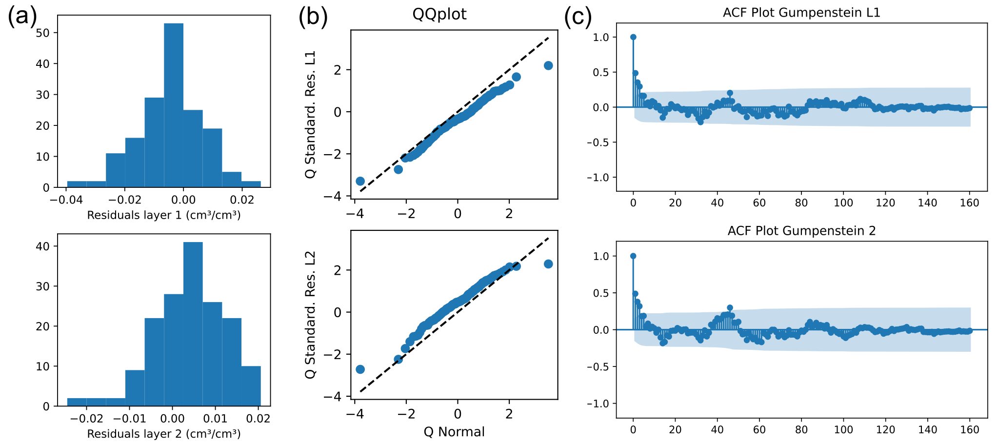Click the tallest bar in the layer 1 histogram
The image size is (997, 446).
[174, 105]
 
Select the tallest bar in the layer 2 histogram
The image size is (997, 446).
[193, 324]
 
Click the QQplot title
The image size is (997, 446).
[439, 14]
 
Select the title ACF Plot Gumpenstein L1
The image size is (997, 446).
[801, 13]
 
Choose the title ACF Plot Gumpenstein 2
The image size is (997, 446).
[801, 231]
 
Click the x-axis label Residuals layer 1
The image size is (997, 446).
[164, 215]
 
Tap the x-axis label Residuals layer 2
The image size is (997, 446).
[164, 434]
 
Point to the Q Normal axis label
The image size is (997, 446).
[454, 432]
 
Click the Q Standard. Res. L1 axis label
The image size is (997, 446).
[311, 115]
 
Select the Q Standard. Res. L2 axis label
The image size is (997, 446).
[311, 315]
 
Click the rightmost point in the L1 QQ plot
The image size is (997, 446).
[548, 65]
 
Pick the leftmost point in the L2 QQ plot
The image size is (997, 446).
[360, 369]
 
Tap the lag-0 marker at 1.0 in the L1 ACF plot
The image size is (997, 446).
[633, 37]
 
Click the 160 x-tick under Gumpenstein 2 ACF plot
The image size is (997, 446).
[970, 430]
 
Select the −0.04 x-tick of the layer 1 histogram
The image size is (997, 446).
[66, 200]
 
